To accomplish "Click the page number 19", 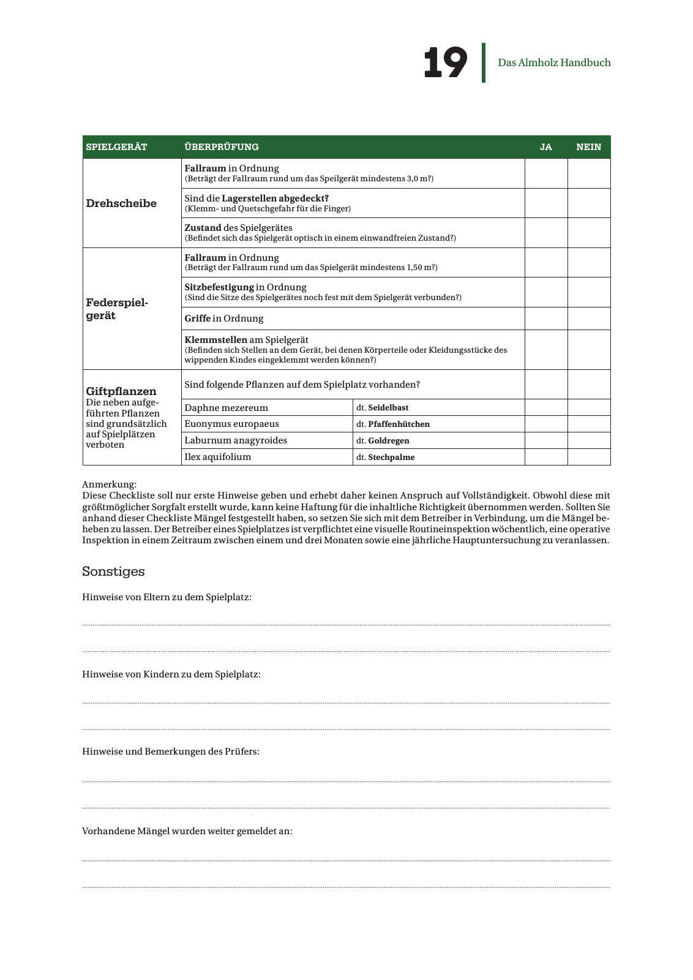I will point(445,62).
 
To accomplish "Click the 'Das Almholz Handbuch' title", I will point(554,62).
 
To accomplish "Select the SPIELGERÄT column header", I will point(117,147).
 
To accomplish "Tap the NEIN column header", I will point(588,147).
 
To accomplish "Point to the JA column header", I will point(545,147).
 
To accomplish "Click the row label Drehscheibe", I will point(121,203).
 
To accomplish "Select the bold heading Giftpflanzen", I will point(121,391).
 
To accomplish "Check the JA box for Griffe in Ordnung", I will point(546,318).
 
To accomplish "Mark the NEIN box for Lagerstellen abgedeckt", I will point(589,203).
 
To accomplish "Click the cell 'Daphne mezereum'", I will point(227,408).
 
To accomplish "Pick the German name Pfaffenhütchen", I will point(399,424).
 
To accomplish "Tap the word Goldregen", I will point(389,440).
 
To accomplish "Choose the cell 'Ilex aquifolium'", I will point(218,457).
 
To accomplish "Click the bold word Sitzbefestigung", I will point(219,287).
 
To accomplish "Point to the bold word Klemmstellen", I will point(216,340).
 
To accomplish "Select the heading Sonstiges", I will point(113,571).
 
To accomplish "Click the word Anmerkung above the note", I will point(109,484).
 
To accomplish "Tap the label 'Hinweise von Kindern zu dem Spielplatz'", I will point(171,674).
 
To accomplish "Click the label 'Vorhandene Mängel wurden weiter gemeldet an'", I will point(187,831).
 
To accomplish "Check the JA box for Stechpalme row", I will point(546,457).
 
